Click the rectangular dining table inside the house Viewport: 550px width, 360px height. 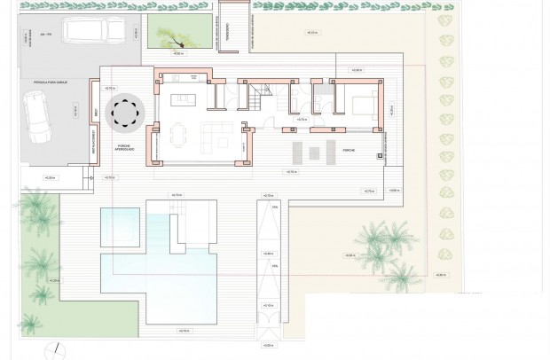click(178, 135)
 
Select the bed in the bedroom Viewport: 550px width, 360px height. click(364, 105)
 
